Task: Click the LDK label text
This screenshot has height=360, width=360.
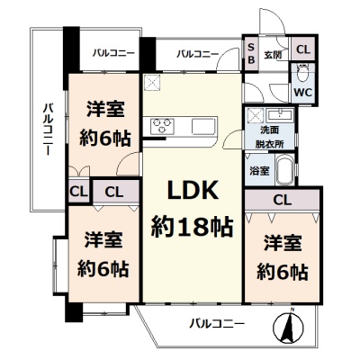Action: click(x=193, y=190)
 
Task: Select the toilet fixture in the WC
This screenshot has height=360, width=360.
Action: click(x=302, y=73)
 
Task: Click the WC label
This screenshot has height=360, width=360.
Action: click(x=303, y=92)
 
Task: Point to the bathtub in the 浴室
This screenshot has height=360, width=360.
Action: click(x=285, y=170)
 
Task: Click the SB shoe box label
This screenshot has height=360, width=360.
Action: click(x=251, y=53)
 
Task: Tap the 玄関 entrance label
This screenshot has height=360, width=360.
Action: click(x=273, y=55)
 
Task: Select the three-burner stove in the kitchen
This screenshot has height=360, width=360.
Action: click(x=163, y=126)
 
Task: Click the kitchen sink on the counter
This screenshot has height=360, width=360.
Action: click(x=204, y=126)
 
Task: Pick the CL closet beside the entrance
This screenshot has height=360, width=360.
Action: click(x=303, y=49)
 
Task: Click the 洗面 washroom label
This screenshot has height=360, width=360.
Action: click(x=270, y=130)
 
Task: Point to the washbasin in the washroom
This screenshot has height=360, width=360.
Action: click(x=279, y=115)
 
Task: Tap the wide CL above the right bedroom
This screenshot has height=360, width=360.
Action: click(x=283, y=200)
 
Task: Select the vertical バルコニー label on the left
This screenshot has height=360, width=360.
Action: click(x=48, y=130)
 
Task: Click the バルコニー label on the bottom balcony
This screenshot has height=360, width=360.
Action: click(x=217, y=324)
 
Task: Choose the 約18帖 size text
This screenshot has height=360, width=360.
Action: click(x=192, y=227)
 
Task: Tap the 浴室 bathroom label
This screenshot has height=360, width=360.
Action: click(x=259, y=171)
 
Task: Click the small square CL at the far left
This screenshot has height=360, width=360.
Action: click(x=78, y=192)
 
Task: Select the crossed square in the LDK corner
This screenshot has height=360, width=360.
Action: click(x=152, y=83)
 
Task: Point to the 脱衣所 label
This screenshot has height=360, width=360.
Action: click(x=270, y=144)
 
